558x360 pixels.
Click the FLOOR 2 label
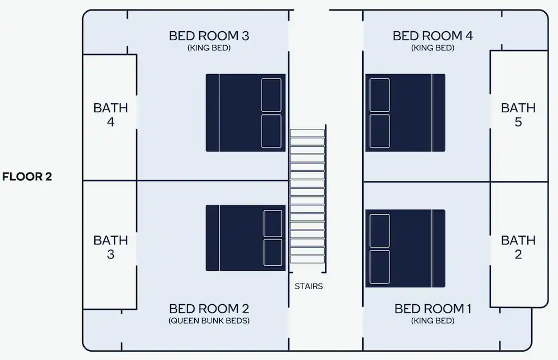(x=27, y=176)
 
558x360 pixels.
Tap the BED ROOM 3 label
(x=209, y=36)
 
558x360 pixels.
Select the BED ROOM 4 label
(x=433, y=36)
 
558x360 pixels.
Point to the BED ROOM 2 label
(x=209, y=309)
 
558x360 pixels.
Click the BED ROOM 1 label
(x=433, y=309)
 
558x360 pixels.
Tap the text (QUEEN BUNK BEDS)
(x=209, y=320)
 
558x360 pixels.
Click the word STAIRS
(x=309, y=286)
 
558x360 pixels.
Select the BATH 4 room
(x=110, y=118)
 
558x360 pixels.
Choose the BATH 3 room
(x=110, y=245)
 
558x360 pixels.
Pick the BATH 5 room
(x=519, y=116)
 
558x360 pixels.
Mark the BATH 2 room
(x=519, y=245)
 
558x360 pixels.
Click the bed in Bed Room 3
(x=246, y=113)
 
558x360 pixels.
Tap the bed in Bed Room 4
(x=405, y=113)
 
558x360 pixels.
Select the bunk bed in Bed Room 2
(x=246, y=238)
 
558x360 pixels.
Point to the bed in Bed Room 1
(x=405, y=248)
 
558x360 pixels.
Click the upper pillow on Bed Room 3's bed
(x=271, y=95)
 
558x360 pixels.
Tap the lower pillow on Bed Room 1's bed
(x=379, y=267)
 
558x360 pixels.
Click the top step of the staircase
(x=307, y=133)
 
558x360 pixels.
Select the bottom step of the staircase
(x=307, y=260)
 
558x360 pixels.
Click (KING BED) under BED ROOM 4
(x=433, y=47)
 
